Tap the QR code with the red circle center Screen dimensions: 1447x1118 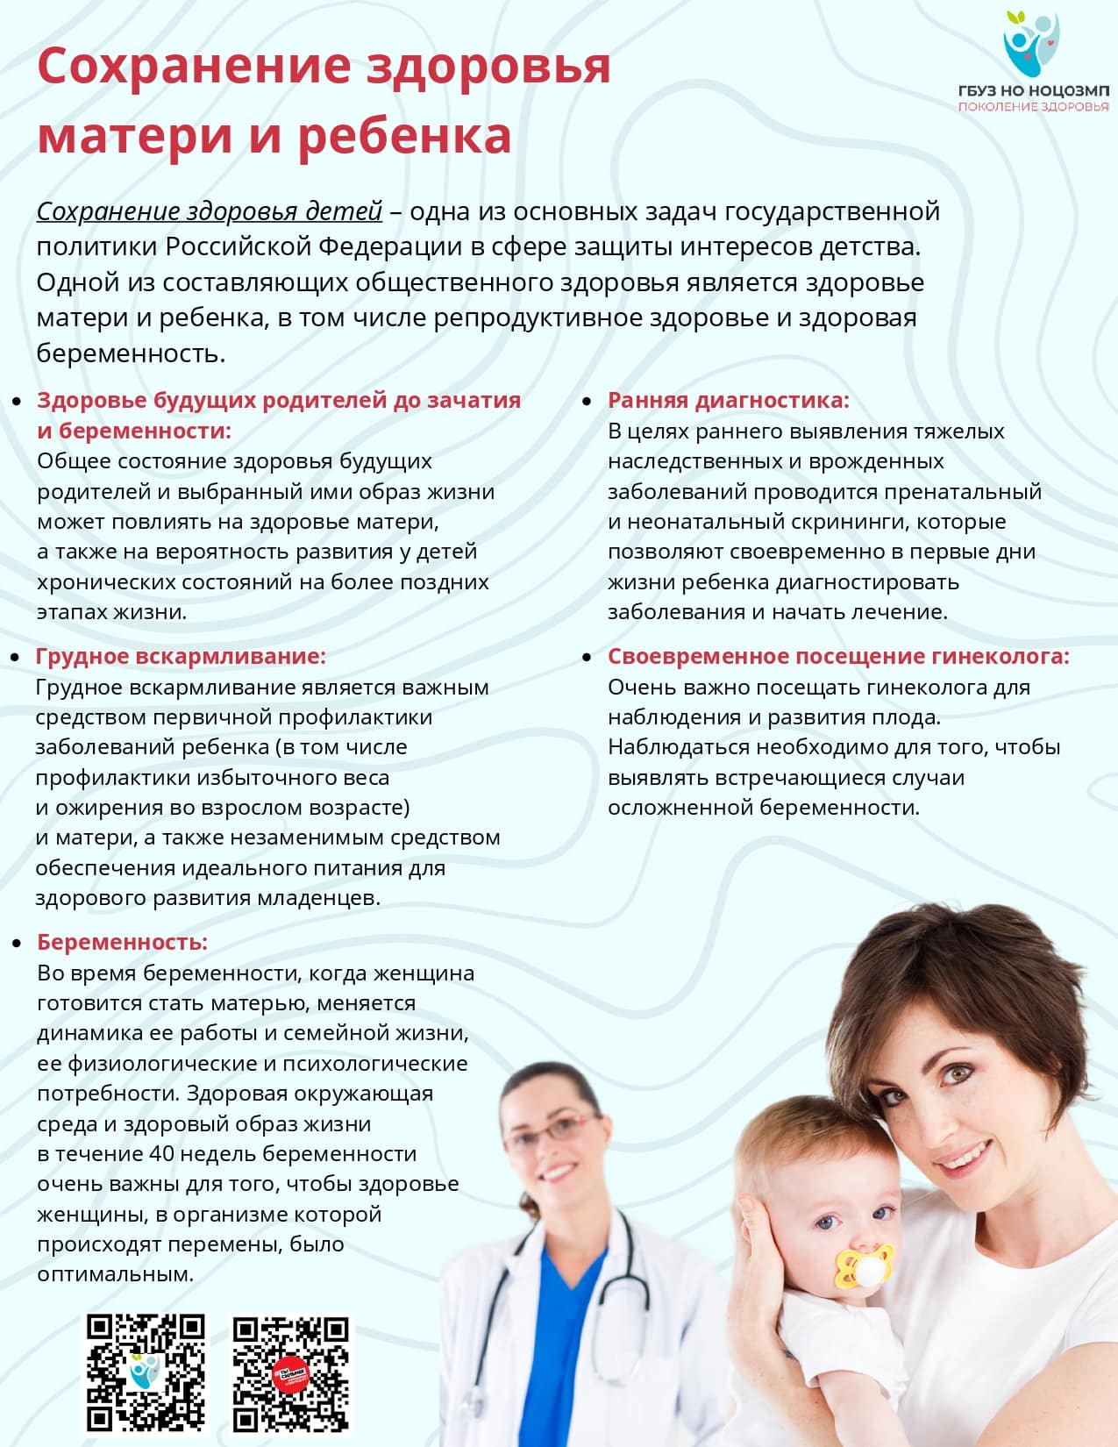291,1373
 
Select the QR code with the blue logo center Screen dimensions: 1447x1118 146,1373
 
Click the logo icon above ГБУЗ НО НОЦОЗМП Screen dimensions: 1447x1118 1031,44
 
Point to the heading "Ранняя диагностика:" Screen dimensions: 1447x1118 728,401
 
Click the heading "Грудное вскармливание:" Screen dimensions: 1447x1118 181,656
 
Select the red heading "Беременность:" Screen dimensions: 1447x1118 122,942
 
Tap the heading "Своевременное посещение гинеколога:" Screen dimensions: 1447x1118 838,656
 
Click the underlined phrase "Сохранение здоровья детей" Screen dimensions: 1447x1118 210,211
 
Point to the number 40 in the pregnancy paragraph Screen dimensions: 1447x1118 162,1153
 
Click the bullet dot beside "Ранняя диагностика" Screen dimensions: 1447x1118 587,402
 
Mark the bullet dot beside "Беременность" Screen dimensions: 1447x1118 16,943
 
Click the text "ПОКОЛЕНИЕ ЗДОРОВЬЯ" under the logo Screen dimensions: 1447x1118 1033,106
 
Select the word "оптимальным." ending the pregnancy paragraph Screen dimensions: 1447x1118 115,1274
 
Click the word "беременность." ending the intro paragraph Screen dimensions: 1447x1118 132,353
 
